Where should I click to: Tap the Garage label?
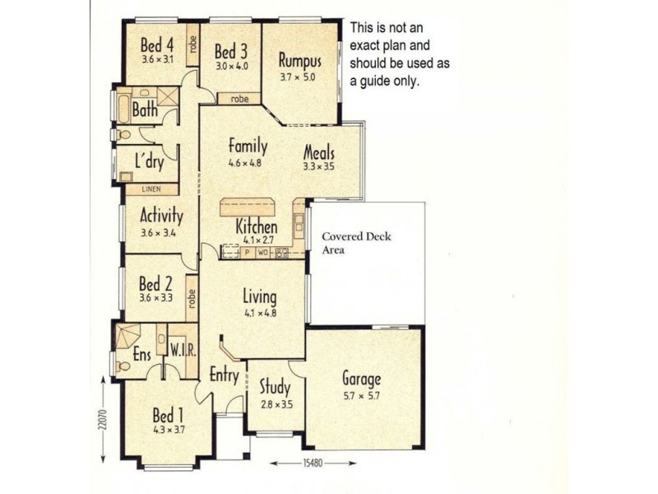362,380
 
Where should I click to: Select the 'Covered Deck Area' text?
356,243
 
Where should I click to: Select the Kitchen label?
257,226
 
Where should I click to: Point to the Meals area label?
319,152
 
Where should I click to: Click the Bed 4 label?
157,44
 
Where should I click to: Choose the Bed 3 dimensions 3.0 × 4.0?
232,66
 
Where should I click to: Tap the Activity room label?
161,216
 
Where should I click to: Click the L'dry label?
150,162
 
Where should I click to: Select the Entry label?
224,375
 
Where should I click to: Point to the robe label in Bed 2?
192,298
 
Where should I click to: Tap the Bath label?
145,110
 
